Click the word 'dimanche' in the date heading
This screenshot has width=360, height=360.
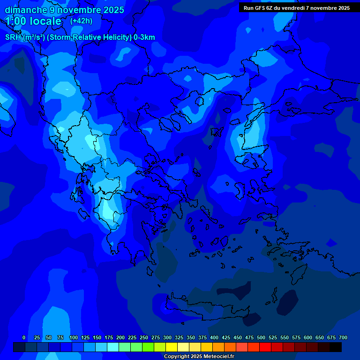[25, 10]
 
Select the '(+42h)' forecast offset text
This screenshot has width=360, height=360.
[81, 21]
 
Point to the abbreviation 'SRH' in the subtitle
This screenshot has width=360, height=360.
[14, 37]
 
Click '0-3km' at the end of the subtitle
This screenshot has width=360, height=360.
[144, 37]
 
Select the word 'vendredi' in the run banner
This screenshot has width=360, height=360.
[295, 8]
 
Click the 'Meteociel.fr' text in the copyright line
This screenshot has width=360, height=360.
[218, 356]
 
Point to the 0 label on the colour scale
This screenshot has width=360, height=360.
[24, 337]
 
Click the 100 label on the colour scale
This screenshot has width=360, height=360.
[74, 337]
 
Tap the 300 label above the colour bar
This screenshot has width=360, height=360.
[167, 337]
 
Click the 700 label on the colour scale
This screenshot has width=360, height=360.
[343, 337]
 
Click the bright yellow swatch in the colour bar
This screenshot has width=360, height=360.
[172, 347]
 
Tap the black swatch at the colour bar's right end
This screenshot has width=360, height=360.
[336, 347]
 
